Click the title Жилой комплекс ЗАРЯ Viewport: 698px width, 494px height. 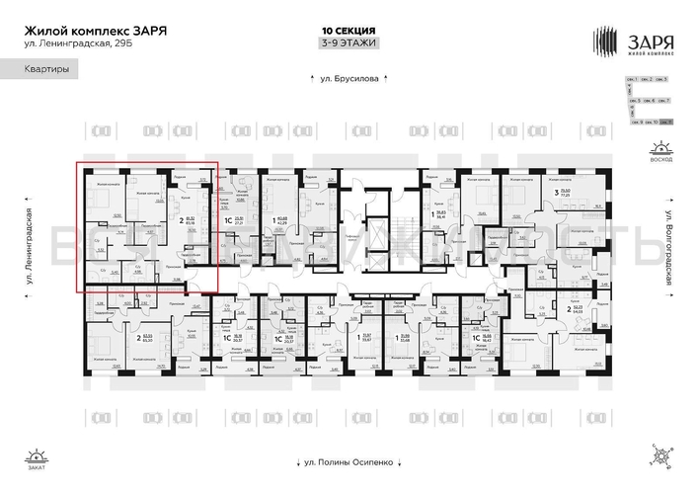95,30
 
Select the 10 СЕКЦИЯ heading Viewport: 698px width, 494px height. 349,31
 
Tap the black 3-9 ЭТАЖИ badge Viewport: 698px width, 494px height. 349,43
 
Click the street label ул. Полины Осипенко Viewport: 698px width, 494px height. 349,461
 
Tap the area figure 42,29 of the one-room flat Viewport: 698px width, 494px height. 281,223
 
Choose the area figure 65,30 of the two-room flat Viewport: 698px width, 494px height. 146,340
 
